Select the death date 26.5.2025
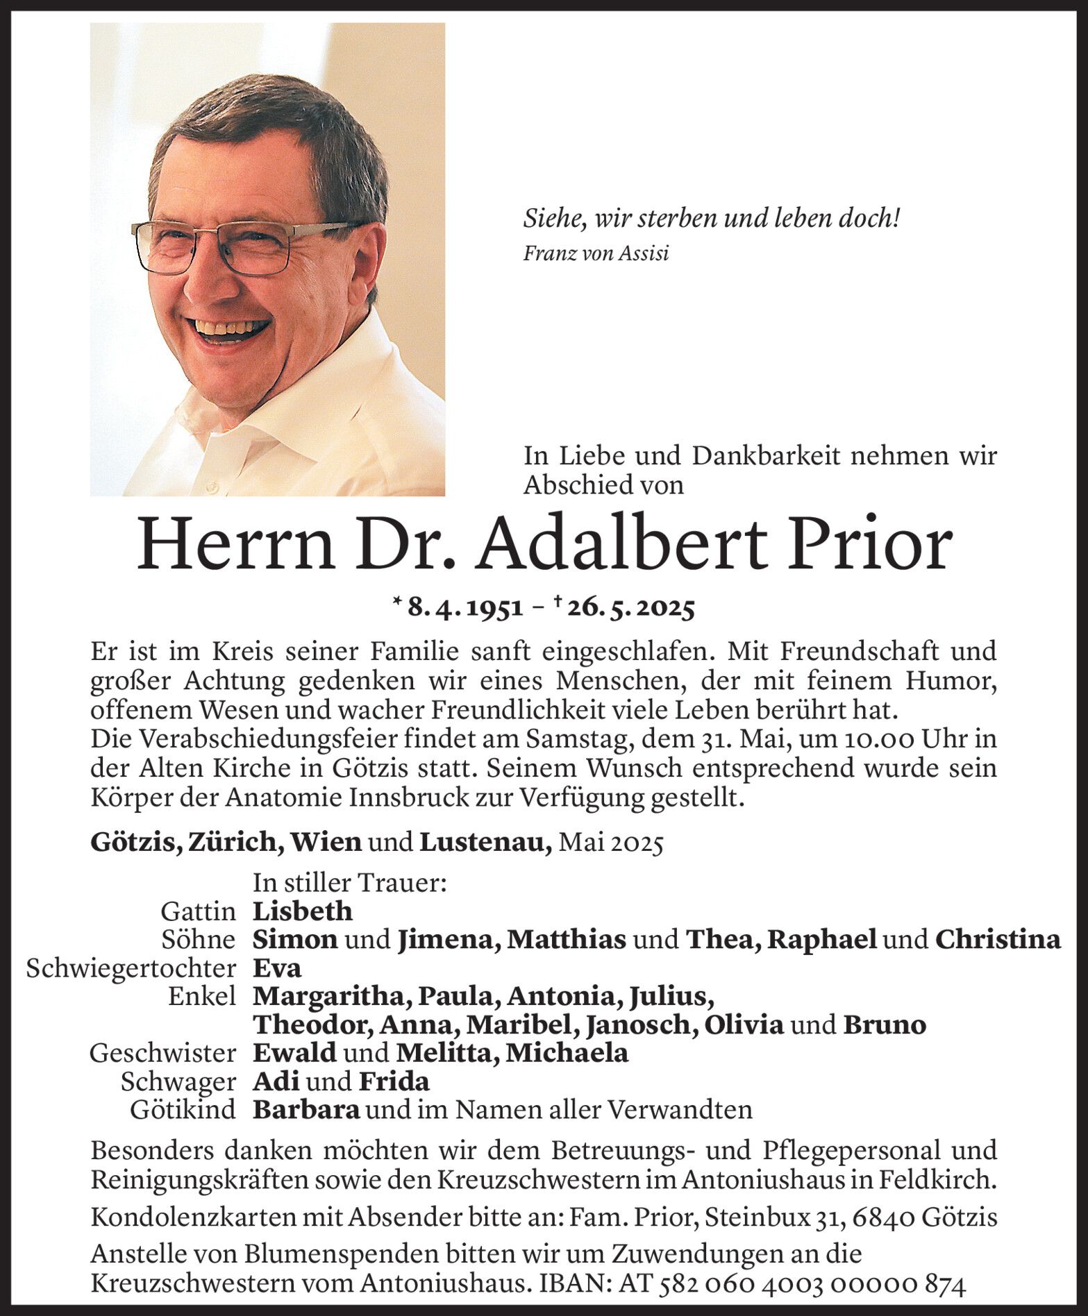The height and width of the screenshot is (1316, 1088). tap(630, 608)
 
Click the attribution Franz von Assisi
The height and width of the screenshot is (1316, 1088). tap(596, 254)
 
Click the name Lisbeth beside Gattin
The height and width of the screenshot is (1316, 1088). tap(302, 911)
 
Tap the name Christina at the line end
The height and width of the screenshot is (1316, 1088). tap(997, 939)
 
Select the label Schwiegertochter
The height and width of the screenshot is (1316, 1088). tap(131, 968)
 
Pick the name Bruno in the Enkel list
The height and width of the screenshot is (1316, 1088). tap(884, 1025)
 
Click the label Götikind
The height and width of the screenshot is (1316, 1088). tap(183, 1110)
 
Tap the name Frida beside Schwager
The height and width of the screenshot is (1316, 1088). tap(394, 1081)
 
